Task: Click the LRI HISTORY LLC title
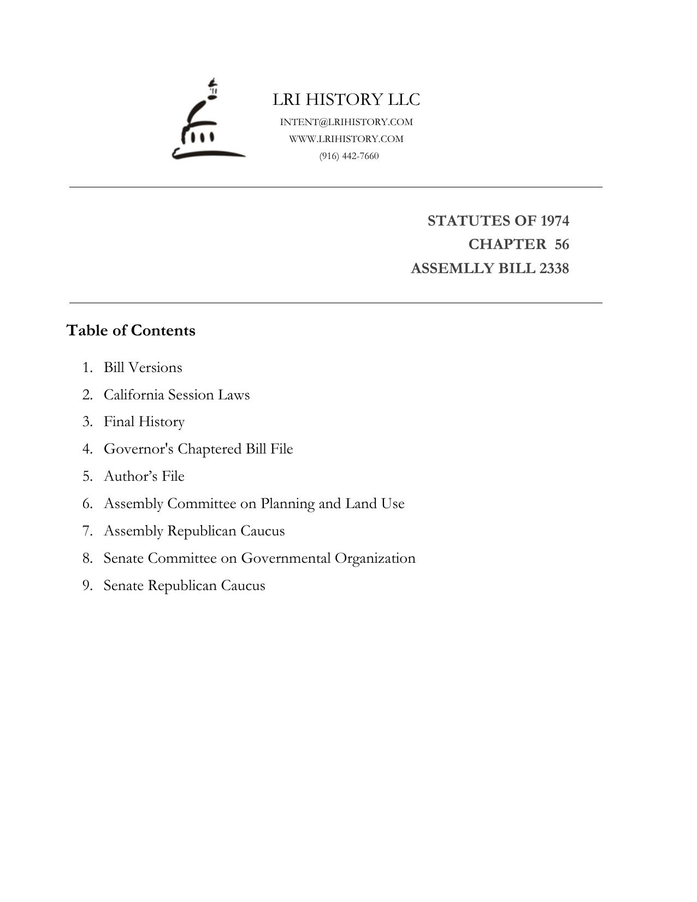click(x=346, y=99)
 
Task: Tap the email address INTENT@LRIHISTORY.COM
click(x=346, y=122)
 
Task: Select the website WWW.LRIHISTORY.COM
click(x=346, y=139)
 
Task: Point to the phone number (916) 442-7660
click(x=349, y=156)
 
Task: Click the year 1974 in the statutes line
click(x=554, y=221)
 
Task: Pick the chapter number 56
click(x=562, y=244)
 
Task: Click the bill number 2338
click(x=553, y=268)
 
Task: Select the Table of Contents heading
click(x=131, y=331)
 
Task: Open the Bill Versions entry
click(x=143, y=367)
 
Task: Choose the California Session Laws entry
click(x=176, y=394)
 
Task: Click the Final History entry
click(x=144, y=422)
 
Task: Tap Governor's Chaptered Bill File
click(x=198, y=449)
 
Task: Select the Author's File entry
click(x=144, y=476)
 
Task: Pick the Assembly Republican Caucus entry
click(x=194, y=531)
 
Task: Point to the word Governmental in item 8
click(x=286, y=558)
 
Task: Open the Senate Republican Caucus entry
click(x=184, y=586)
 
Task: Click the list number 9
click(x=87, y=586)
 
